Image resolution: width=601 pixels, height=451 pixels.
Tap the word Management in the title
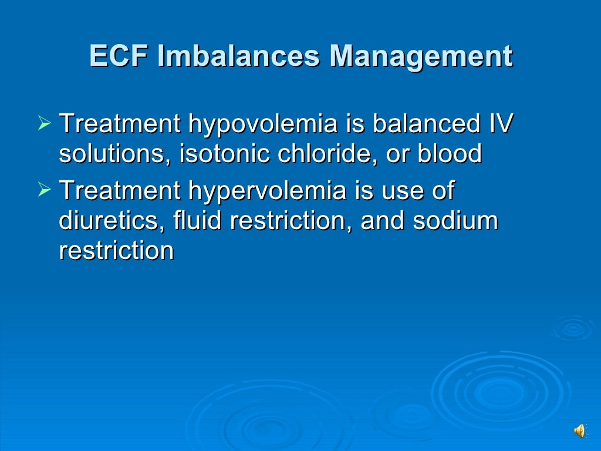pyautogui.click(x=421, y=57)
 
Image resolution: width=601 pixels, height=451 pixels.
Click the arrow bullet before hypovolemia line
pyautogui.click(x=45, y=124)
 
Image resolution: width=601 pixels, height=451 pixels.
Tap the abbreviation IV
pyautogui.click(x=501, y=124)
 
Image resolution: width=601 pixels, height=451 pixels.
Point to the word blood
pyautogui.click(x=450, y=154)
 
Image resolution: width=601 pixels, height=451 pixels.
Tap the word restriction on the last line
pyautogui.click(x=116, y=251)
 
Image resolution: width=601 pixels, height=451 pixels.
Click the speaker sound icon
pyautogui.click(x=579, y=432)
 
